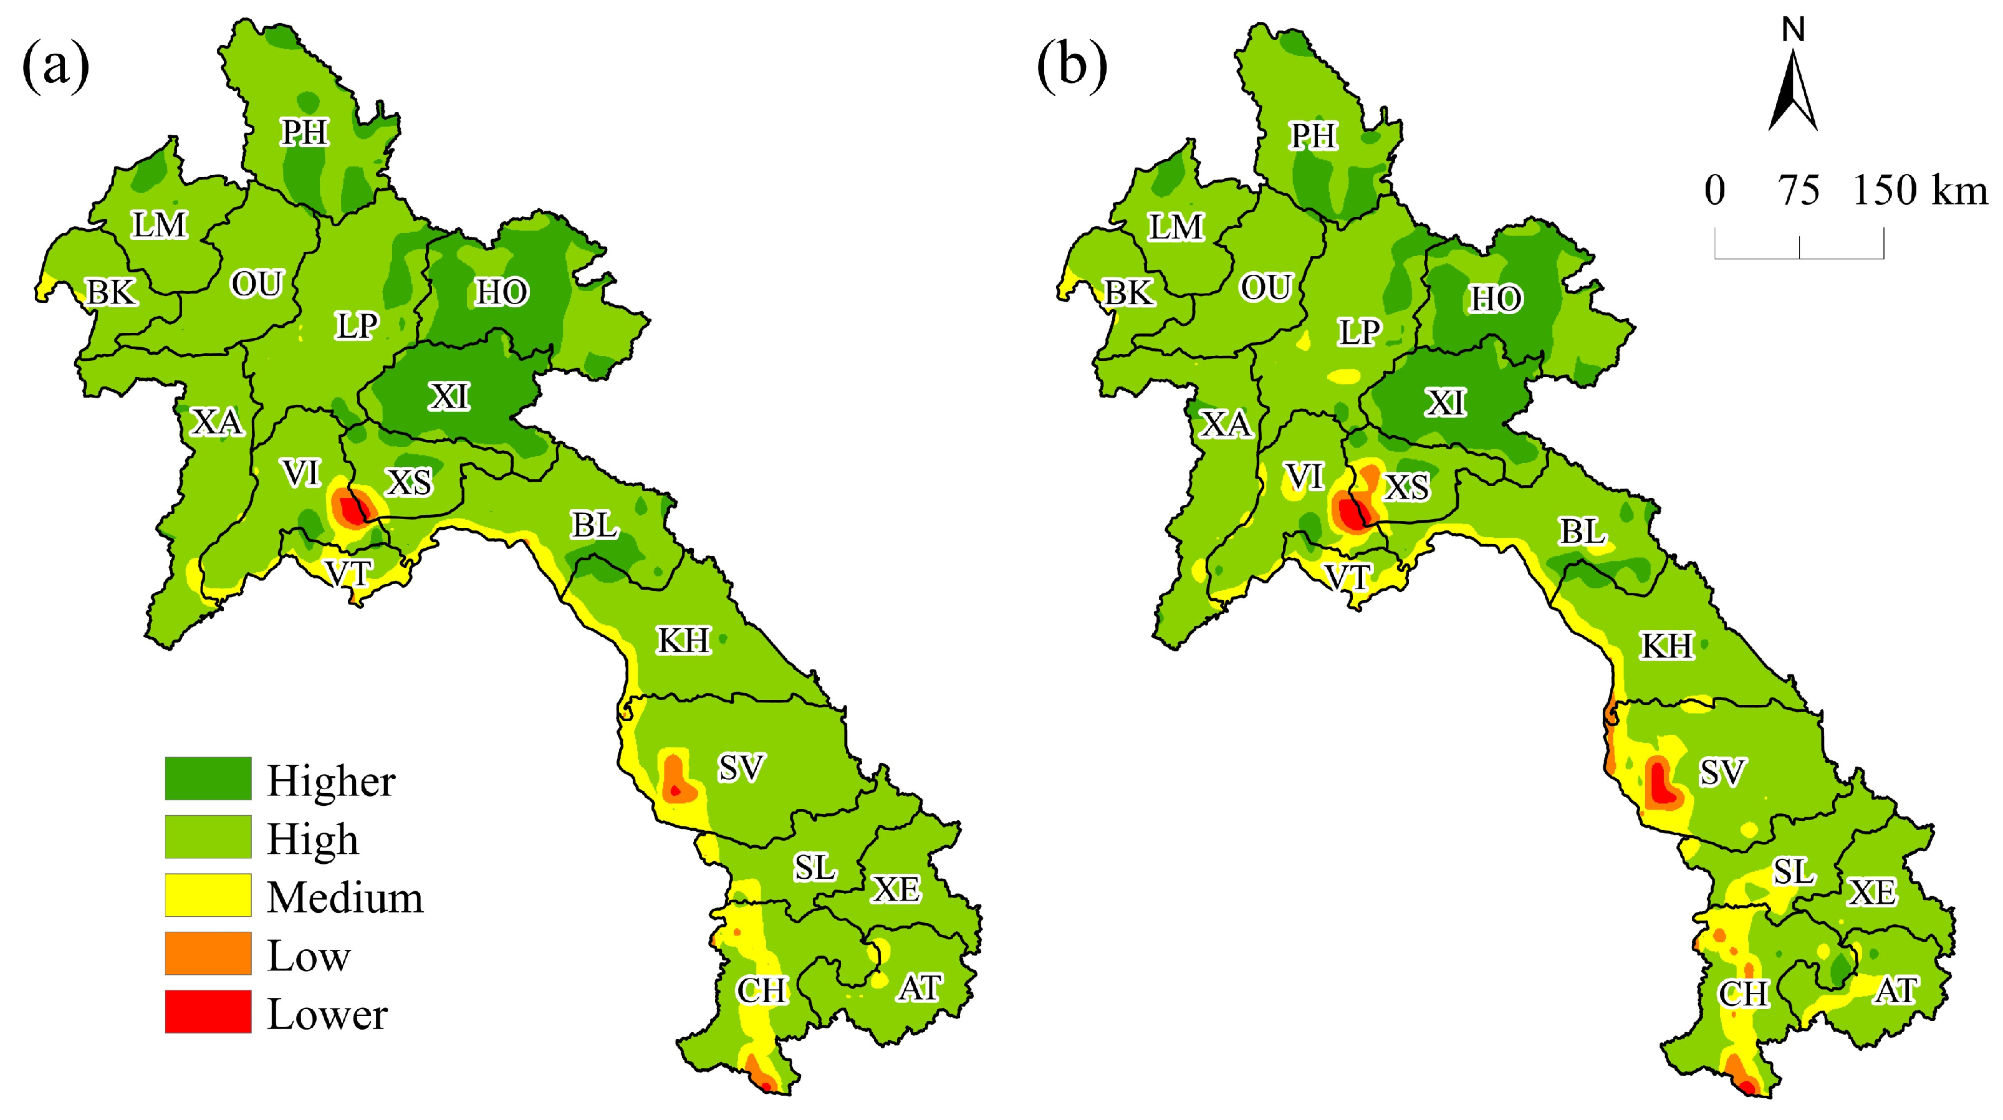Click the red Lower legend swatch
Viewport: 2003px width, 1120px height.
click(x=208, y=1011)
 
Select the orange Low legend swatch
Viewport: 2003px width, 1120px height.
click(x=208, y=953)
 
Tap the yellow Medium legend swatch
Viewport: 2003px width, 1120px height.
click(x=208, y=894)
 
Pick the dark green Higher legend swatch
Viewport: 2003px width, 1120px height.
click(x=208, y=778)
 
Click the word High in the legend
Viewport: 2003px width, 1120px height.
click(x=312, y=840)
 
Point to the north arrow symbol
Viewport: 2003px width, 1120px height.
click(x=1792, y=89)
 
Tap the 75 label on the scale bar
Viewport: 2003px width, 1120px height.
click(x=1799, y=191)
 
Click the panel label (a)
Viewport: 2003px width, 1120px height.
click(x=56, y=66)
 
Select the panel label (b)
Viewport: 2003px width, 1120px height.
click(x=1072, y=66)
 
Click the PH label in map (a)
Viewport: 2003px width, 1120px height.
click(x=305, y=132)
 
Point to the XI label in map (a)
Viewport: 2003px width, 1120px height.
click(x=449, y=397)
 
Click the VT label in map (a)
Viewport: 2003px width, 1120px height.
click(x=348, y=573)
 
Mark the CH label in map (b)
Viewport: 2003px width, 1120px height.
click(x=1743, y=993)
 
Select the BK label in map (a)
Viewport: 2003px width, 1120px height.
click(x=111, y=293)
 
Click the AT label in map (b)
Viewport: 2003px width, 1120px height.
click(x=1896, y=990)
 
